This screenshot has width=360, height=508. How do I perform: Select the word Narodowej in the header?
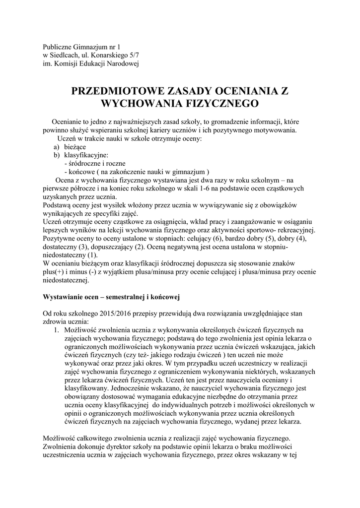pyautogui.click(x=122, y=63)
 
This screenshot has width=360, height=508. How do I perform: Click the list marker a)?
pyautogui.click(x=57, y=147)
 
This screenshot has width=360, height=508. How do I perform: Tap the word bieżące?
pyautogui.click(x=75, y=147)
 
